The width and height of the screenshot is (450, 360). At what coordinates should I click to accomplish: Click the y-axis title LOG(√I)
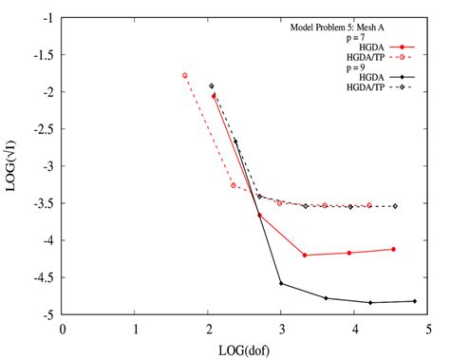(12, 165)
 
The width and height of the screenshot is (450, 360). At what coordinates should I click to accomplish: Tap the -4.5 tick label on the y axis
(43, 277)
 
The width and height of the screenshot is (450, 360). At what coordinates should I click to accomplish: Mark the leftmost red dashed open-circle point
(185, 75)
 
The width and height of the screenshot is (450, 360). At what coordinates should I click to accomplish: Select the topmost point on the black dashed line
(212, 85)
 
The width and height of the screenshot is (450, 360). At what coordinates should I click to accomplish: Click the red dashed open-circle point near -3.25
(234, 185)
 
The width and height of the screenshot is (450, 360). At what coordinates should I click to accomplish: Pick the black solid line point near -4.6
(281, 283)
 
